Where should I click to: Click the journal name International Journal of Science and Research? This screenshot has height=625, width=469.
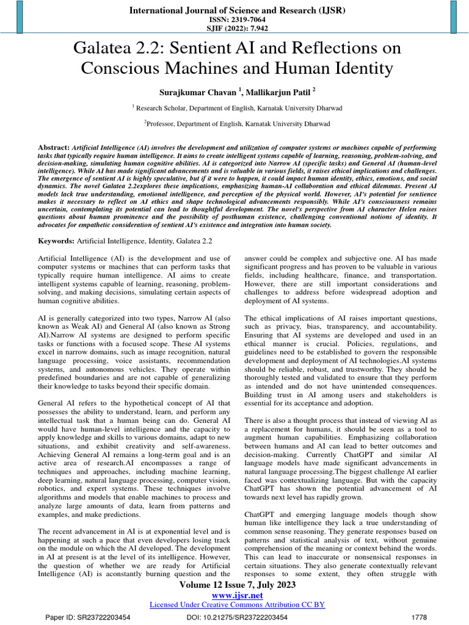point(234,10)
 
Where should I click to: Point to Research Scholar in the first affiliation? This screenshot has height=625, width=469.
point(161,108)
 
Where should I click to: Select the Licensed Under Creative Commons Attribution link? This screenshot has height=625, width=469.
point(237,605)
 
